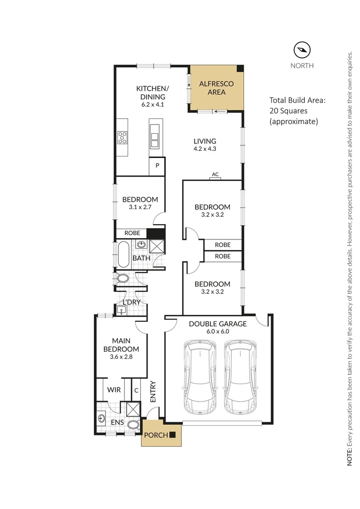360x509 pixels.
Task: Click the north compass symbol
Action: pos(302,50)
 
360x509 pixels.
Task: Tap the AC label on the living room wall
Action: pos(215,174)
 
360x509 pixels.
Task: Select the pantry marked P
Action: pos(157,166)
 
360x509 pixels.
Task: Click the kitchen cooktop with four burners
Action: pos(123,137)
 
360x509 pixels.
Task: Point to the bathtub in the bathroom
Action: pos(123,254)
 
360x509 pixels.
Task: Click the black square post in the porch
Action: pos(172,435)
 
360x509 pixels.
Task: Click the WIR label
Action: pos(114,390)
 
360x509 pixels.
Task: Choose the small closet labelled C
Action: pos(136,390)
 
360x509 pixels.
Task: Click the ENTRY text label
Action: pos(153,392)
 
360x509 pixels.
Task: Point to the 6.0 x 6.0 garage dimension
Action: pos(218,331)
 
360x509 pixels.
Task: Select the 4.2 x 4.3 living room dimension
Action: pos(205,148)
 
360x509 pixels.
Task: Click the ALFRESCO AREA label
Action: pos(217,88)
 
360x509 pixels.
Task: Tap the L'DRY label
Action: pos(131,302)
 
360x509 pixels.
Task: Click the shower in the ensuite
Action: pos(133,409)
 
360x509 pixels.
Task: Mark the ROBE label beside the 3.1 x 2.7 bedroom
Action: pos(132,233)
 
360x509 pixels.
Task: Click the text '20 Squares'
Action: pos(288,111)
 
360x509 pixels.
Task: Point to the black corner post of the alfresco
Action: pos(240,68)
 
